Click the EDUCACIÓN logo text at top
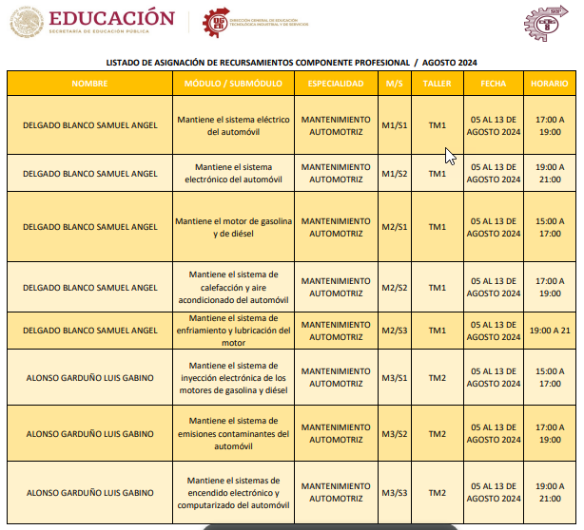pos(111,18)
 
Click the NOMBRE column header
pos(90,84)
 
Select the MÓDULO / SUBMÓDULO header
pos(233,84)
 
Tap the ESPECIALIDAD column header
pos(335,84)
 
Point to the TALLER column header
pos(437,84)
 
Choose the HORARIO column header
pos(550,84)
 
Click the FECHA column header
pos(494,84)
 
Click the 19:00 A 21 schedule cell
pos(550,331)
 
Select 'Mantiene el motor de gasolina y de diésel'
pos(233,227)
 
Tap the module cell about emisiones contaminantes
pos(233,434)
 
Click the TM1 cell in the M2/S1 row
pos(437,227)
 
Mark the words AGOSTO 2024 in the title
pos(450,63)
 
